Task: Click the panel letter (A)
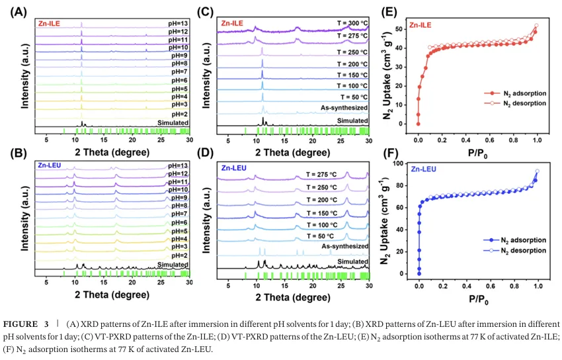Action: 19,12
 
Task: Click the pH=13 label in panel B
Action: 178,165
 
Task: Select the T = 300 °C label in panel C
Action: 352,24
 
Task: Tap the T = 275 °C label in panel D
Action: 321,175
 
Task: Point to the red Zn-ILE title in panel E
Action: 421,25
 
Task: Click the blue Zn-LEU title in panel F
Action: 424,169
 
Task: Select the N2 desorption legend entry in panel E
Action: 515,103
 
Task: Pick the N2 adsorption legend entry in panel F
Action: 514,240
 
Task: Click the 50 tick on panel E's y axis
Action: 399,28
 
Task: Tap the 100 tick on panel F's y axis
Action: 397,163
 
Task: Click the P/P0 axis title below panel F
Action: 479,299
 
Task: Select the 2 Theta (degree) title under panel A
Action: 112,152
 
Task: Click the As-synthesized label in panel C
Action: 344,108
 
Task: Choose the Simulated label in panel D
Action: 352,262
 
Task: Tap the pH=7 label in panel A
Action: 180,72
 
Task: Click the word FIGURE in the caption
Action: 20,324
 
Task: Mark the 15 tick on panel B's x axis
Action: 104,282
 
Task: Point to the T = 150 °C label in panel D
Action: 321,213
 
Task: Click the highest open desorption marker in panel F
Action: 537,171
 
